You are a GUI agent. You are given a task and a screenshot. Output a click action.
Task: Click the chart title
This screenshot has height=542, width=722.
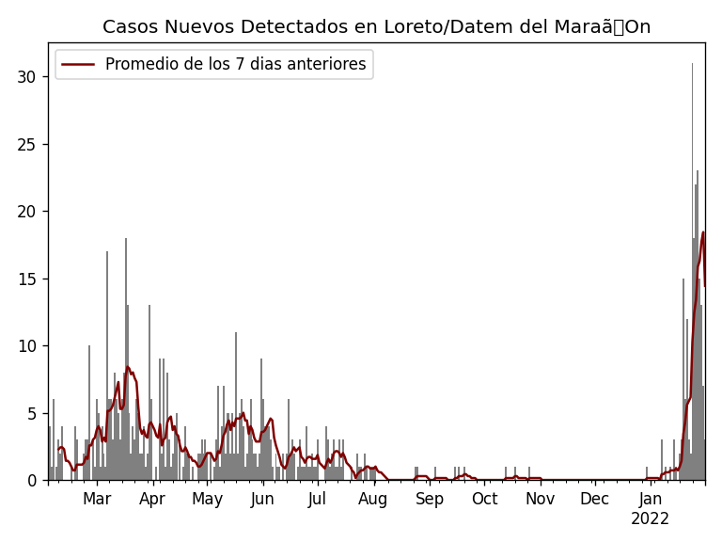(376, 27)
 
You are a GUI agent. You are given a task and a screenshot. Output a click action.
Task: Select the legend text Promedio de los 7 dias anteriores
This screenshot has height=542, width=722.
(235, 65)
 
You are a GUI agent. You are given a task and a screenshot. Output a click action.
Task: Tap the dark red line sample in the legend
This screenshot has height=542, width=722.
(79, 65)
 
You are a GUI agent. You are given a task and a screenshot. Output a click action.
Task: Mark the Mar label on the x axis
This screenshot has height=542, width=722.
(97, 499)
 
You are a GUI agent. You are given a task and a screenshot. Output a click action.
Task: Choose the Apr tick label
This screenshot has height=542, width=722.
(152, 499)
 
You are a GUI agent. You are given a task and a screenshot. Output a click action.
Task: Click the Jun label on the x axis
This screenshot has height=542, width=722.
(262, 499)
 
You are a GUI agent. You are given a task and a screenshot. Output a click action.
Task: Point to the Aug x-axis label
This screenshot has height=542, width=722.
(373, 499)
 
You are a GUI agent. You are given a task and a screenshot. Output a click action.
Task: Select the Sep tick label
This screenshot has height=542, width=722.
(430, 499)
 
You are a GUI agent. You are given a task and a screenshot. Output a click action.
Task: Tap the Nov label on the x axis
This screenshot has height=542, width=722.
(540, 499)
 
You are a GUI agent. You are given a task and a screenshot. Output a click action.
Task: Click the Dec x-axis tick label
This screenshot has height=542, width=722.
(594, 499)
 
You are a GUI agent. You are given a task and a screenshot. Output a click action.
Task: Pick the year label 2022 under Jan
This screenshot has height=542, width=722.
(650, 519)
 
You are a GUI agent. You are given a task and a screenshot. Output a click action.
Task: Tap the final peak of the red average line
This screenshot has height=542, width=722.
(703, 232)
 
